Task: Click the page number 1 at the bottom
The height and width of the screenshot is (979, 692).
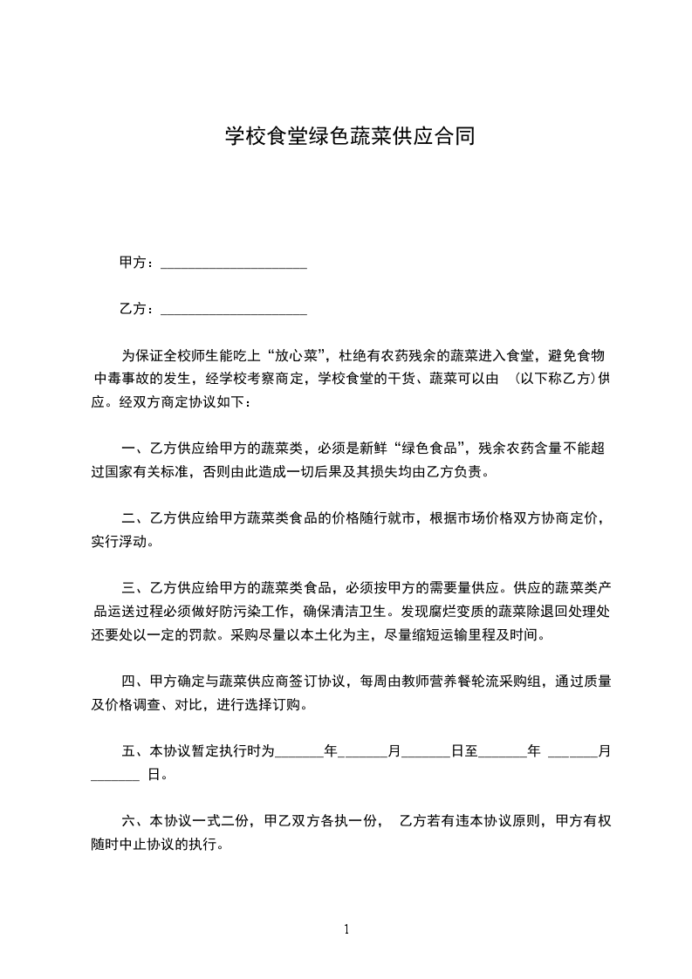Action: coord(346,928)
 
